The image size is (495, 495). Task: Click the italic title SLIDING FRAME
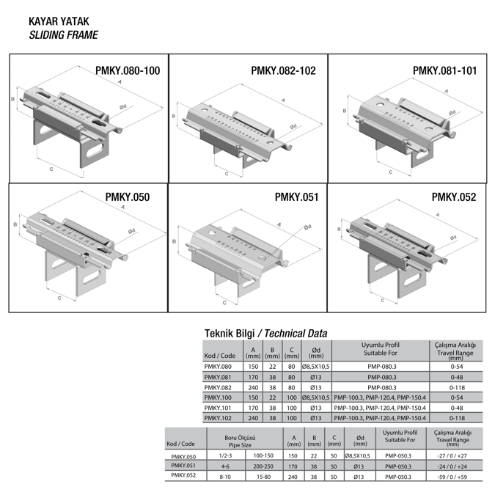(x=62, y=35)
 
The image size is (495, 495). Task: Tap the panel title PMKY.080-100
(x=127, y=71)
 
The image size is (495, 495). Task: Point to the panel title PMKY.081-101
(x=444, y=71)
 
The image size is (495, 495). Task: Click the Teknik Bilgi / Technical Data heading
(x=265, y=334)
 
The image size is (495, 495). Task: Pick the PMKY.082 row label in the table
(x=218, y=387)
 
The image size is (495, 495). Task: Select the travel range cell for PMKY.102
(x=455, y=417)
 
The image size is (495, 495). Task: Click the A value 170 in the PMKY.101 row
(x=253, y=407)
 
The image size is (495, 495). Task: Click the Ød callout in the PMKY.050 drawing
(x=131, y=231)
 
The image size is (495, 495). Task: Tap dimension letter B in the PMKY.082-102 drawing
(x=173, y=116)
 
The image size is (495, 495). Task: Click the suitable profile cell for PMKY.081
(x=381, y=377)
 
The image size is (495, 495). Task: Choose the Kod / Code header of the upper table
(x=220, y=356)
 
